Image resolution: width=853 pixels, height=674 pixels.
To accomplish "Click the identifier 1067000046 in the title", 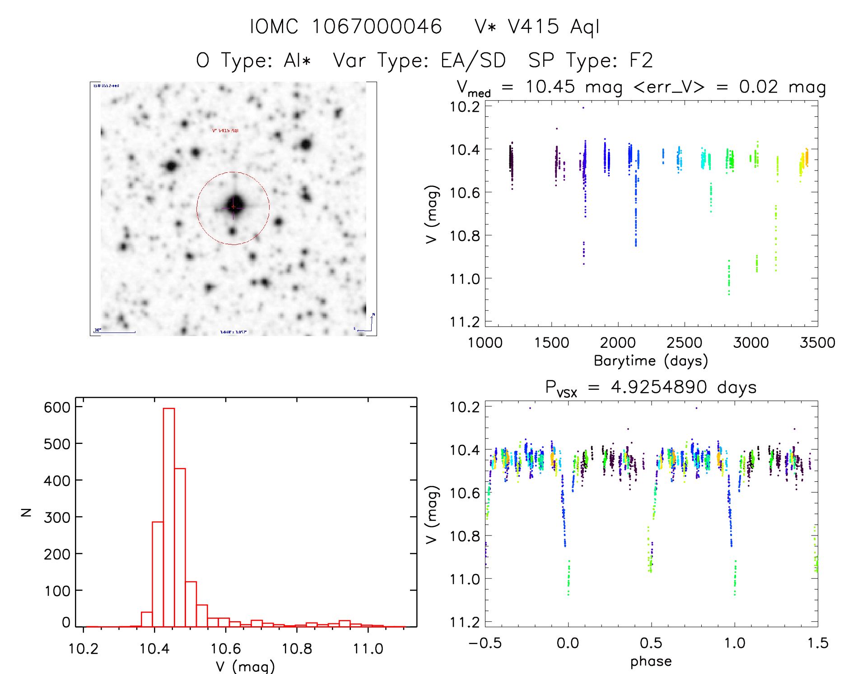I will pos(377,27).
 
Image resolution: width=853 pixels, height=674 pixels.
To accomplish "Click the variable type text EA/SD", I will pos(473,60).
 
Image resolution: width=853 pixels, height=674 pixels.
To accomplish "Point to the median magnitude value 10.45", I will pos(550,87).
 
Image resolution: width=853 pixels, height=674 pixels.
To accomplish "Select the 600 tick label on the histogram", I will pos(57,407).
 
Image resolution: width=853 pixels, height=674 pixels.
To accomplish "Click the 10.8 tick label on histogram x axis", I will pos(297,649).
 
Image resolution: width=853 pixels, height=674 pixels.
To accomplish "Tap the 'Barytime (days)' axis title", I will pos(651,361).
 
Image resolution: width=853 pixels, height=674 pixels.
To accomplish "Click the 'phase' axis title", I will pos(651,661).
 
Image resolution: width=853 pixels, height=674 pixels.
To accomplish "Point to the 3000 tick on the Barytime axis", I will pos(751,342).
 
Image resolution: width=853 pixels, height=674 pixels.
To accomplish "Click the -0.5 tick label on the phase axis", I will pos(485,643).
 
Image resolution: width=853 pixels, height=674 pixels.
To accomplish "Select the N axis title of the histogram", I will pos(26,512).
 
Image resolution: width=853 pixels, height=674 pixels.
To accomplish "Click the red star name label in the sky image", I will pos(225,130).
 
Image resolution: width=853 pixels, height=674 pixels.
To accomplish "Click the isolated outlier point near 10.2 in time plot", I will pos(583,108).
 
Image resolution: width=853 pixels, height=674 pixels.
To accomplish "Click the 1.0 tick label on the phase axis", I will pos(735,643).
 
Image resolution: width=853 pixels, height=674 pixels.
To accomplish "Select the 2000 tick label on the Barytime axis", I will pos(618,342).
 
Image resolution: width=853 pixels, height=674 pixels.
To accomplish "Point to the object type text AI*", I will pos(297,60).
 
